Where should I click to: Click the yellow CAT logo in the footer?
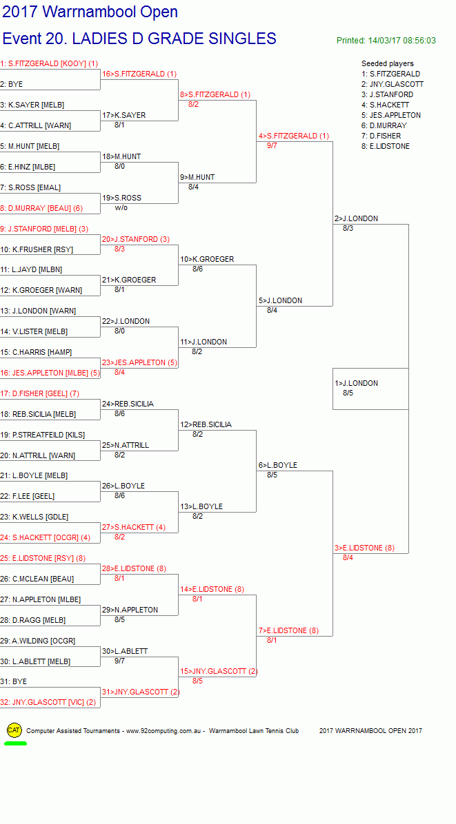pyautogui.click(x=14, y=730)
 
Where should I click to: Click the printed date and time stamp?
pyautogui.click(x=386, y=41)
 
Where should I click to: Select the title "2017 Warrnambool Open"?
pyautogui.click(x=90, y=12)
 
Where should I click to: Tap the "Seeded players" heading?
pyautogui.click(x=388, y=63)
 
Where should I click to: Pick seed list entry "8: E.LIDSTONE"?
pyautogui.click(x=386, y=146)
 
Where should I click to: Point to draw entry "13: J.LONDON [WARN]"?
pyautogui.click(x=38, y=311)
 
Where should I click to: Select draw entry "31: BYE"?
pyautogui.click(x=14, y=681)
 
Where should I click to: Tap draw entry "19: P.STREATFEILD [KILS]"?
pyautogui.click(x=43, y=435)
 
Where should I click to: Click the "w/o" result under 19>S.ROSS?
pyautogui.click(x=121, y=207)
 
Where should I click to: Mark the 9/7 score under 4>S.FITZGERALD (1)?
pyautogui.click(x=272, y=145)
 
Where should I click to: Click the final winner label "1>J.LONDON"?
pyautogui.click(x=356, y=383)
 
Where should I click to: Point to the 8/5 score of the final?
pyautogui.click(x=348, y=393)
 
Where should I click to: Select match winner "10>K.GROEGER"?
pyautogui.click(x=207, y=259)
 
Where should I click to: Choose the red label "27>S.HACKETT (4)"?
pyautogui.click(x=134, y=527)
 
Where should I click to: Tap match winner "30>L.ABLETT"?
pyautogui.click(x=125, y=651)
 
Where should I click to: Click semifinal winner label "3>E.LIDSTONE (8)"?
pyautogui.click(x=364, y=548)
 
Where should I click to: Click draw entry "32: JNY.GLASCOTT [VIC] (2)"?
pyautogui.click(x=48, y=702)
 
